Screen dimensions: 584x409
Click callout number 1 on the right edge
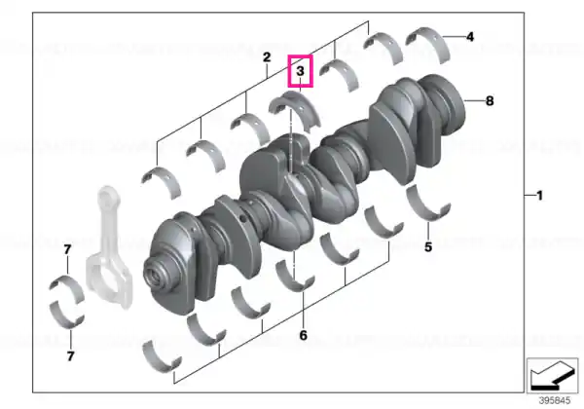click(x=539, y=195)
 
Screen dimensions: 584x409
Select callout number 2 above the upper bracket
click(x=267, y=57)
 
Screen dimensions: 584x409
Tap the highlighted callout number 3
click(x=300, y=71)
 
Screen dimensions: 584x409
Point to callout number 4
click(x=470, y=37)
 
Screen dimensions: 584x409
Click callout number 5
click(x=428, y=247)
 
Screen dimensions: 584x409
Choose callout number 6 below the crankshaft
click(x=303, y=335)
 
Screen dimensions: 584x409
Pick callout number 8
click(x=490, y=100)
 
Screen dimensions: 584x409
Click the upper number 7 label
click(x=67, y=249)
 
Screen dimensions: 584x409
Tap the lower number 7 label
click(x=71, y=356)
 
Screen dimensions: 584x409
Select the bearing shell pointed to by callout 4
click(x=427, y=43)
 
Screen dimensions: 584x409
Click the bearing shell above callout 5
click(x=428, y=203)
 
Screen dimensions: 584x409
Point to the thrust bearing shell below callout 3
click(x=295, y=111)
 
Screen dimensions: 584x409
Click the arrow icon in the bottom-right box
click(x=552, y=376)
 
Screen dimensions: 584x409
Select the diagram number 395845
click(x=555, y=401)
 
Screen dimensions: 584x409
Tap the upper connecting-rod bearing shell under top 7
click(x=67, y=288)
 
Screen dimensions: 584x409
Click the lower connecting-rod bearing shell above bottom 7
click(x=66, y=316)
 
